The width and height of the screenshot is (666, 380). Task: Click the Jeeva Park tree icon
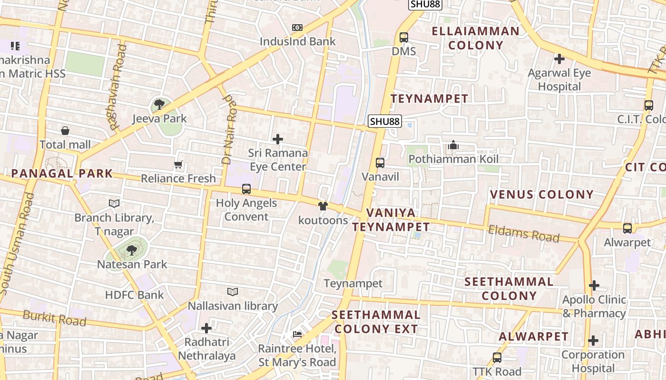pyautogui.click(x=159, y=104)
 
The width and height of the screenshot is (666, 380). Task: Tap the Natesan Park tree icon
pyautogui.click(x=132, y=250)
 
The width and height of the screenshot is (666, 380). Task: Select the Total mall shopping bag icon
pyautogui.click(x=65, y=130)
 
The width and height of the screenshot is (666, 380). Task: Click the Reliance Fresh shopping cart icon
pyautogui.click(x=178, y=165)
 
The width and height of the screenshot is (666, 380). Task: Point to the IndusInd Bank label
pyautogui.click(x=297, y=41)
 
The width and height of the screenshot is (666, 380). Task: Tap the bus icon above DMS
pyautogui.click(x=404, y=37)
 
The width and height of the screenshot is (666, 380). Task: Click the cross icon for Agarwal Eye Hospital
pyautogui.click(x=559, y=59)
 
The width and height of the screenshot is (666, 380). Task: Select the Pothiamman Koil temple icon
pyautogui.click(x=453, y=145)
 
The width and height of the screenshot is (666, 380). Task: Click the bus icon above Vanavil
pyautogui.click(x=380, y=162)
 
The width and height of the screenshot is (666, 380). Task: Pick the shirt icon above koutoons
pyautogui.click(x=323, y=206)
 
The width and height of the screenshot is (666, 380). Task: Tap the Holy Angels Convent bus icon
pyautogui.click(x=246, y=189)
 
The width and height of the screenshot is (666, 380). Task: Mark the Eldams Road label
pyautogui.click(x=524, y=233)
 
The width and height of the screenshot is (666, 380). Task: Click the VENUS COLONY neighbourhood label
pyautogui.click(x=541, y=194)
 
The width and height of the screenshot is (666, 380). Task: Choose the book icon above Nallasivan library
pyautogui.click(x=232, y=292)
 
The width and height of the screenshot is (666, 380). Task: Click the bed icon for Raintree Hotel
pyautogui.click(x=297, y=334)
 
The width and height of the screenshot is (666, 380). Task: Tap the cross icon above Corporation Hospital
pyautogui.click(x=593, y=341)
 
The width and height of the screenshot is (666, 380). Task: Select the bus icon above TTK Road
pyautogui.click(x=497, y=357)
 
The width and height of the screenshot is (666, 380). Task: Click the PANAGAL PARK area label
pyautogui.click(x=62, y=173)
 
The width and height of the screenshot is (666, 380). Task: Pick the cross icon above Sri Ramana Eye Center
pyautogui.click(x=278, y=139)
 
